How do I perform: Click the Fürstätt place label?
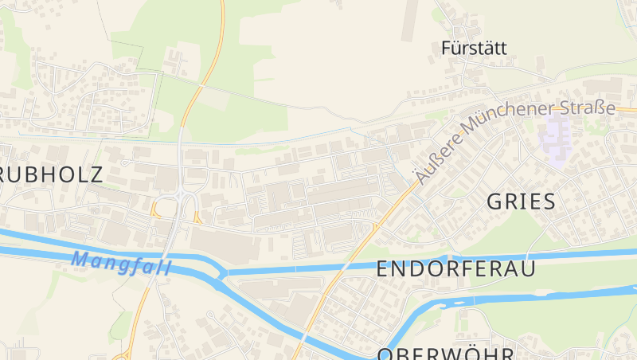coord(474,48)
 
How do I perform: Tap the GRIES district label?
coord(521,202)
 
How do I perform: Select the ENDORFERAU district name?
coord(455,269)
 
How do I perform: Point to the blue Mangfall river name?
coord(121,262)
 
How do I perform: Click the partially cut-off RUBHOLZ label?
coord(51,174)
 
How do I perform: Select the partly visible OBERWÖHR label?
coord(446,354)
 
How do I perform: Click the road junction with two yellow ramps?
coord(178,205)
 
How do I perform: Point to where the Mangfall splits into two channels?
coord(222,273)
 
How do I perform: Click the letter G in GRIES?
coord(494,202)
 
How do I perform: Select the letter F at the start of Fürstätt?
coord(446,48)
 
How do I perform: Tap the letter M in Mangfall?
coord(79,259)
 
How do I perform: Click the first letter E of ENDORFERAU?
coord(382,269)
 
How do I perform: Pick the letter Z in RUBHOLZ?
coord(96,174)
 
